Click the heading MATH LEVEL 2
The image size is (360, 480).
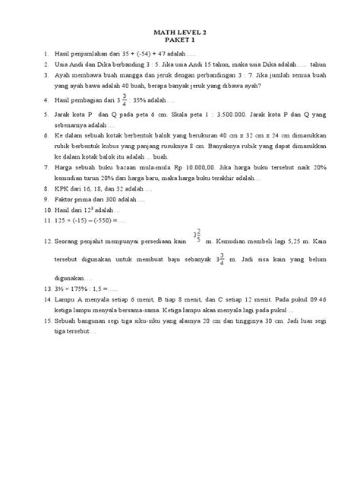[180, 33]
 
